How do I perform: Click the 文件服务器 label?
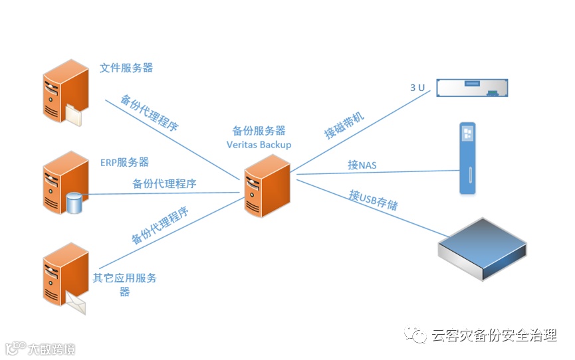[x=126, y=68]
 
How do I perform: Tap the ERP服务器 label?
[x=124, y=162]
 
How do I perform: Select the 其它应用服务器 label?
[x=124, y=284]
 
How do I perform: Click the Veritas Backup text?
[x=259, y=144]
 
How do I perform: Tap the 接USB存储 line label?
[x=374, y=199]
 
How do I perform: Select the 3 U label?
[x=417, y=88]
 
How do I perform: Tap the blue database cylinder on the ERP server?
[x=75, y=203]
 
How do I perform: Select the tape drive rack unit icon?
[x=471, y=87]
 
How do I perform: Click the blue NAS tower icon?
[x=469, y=157]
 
